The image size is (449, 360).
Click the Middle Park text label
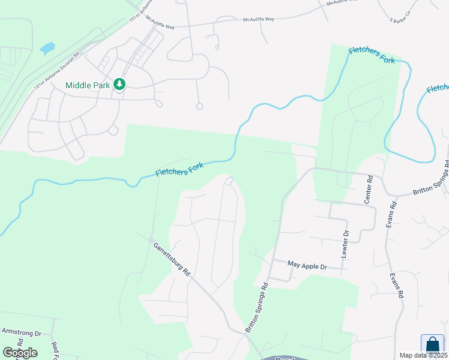click(x=88, y=85)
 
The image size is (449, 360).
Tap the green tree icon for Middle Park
click(x=120, y=85)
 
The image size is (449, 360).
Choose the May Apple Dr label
click(x=306, y=265)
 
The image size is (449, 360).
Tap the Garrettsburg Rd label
click(x=171, y=259)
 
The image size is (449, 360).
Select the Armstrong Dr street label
click(x=20, y=332)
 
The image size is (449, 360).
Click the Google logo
click(x=20, y=352)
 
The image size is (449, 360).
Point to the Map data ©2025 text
click(x=423, y=355)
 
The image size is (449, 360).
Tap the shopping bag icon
click(x=432, y=344)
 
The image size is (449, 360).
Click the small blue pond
click(x=47, y=47)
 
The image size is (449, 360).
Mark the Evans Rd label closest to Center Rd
click(x=392, y=213)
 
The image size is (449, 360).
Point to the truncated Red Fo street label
click(x=55, y=350)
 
